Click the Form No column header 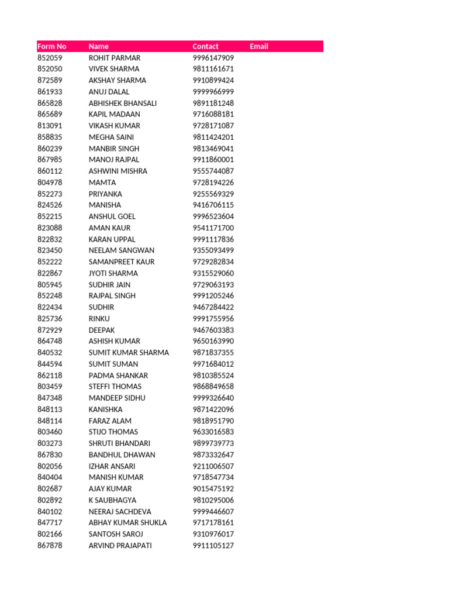[52, 46]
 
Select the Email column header [258, 46]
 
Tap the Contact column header [205, 46]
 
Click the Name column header [98, 46]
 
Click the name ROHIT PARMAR [115, 58]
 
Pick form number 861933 [50, 92]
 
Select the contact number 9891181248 [213, 103]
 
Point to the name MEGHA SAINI [110, 137]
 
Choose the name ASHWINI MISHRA [118, 171]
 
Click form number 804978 [50, 183]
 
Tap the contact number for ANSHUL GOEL [213, 216]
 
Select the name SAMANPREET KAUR [122, 261]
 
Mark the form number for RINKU [50, 318]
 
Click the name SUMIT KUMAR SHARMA [129, 353]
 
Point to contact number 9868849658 [213, 387]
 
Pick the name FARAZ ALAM [110, 421]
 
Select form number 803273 [50, 443]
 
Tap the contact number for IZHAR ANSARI [213, 466]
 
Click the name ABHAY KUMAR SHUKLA [127, 522]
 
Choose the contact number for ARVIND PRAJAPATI [213, 545]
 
